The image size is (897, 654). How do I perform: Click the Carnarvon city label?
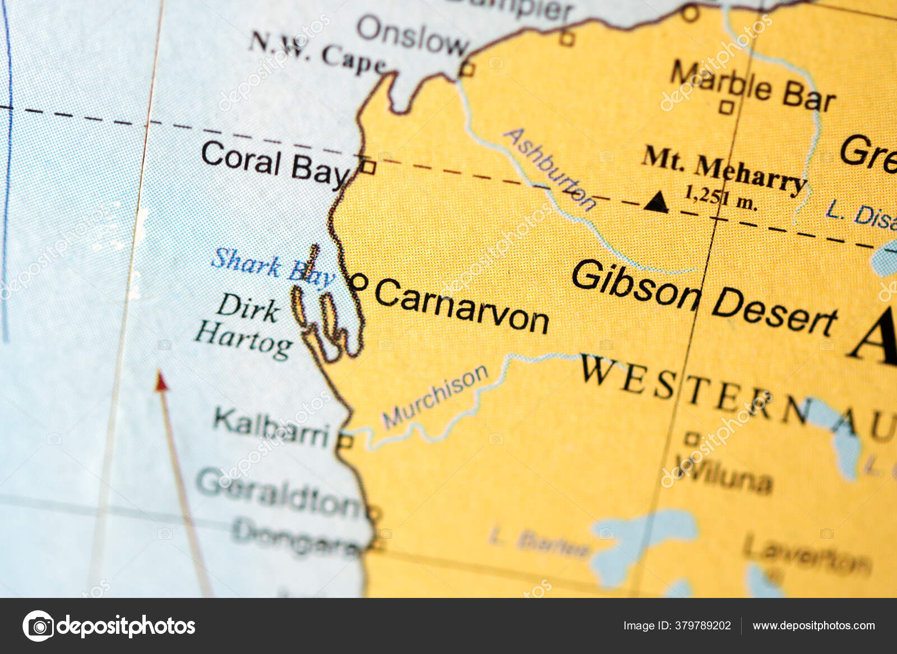tap(461, 306)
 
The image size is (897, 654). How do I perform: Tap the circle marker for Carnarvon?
tap(359, 282)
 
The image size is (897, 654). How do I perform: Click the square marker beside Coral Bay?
tap(368, 166)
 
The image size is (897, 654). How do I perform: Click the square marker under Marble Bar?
tap(727, 107)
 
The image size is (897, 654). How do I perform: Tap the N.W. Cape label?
tap(317, 54)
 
